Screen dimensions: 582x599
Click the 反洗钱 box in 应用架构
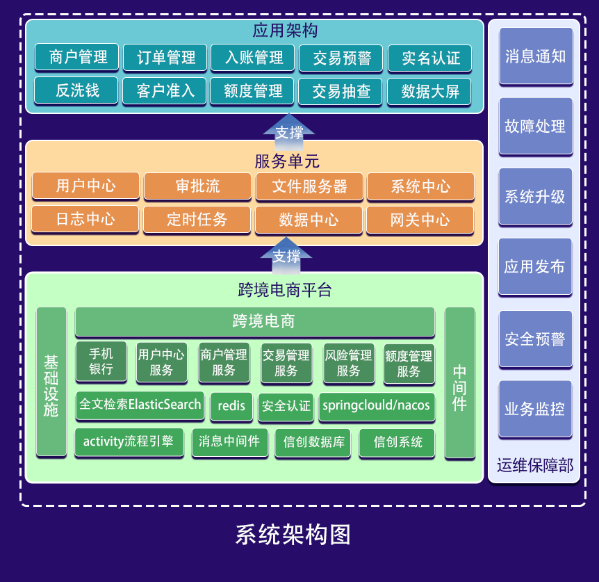(76, 90)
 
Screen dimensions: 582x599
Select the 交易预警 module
(342, 58)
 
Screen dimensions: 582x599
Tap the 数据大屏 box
(429, 91)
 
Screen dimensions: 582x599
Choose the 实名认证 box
(429, 58)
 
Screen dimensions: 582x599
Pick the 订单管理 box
(165, 58)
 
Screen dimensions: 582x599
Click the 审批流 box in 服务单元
(197, 186)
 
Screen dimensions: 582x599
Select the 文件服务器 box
(309, 186)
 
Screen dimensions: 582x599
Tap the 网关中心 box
(420, 220)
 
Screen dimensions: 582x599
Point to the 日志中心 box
(85, 220)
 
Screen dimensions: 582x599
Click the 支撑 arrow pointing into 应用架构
(289, 129)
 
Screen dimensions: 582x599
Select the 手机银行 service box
(101, 362)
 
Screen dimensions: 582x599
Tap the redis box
(231, 406)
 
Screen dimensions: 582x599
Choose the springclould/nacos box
(376, 406)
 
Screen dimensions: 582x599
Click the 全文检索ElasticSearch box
(140, 405)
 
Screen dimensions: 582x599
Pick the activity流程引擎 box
(129, 442)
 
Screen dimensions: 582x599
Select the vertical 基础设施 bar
(51, 382)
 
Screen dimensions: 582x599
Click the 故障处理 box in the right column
(535, 127)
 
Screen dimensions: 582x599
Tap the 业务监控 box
(535, 409)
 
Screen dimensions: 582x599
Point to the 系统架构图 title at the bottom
(293, 534)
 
